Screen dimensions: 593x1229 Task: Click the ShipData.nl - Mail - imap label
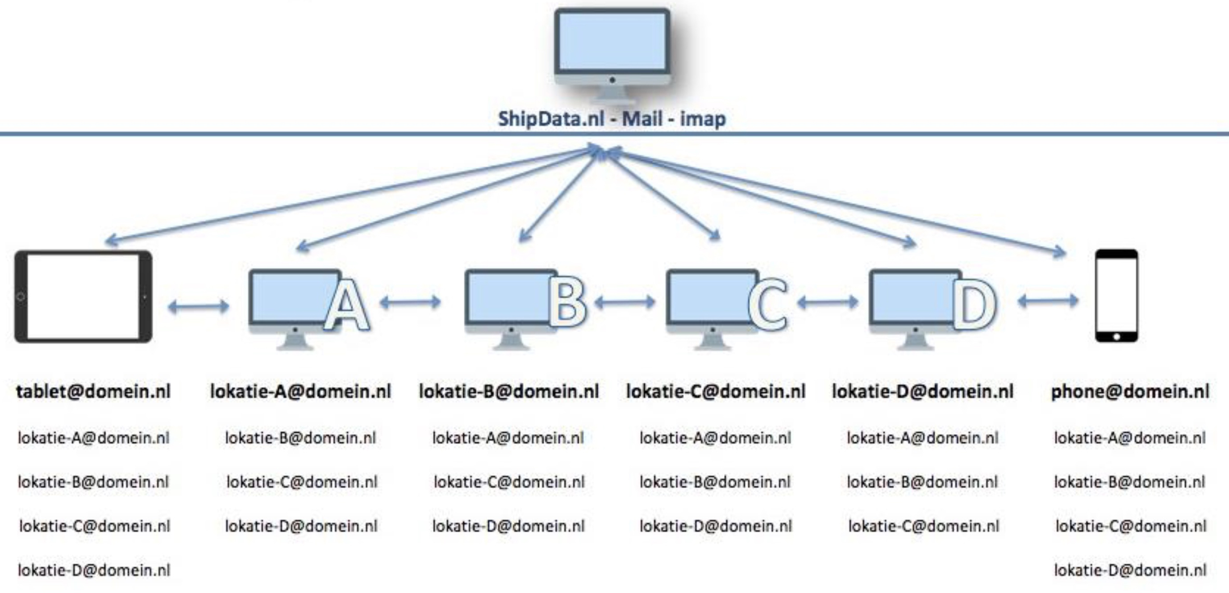pyautogui.click(x=612, y=119)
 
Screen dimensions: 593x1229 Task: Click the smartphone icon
pyautogui.click(x=1117, y=296)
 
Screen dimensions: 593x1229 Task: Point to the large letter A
pyautogui.click(x=347, y=307)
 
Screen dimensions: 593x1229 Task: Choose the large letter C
pyautogui.click(x=768, y=305)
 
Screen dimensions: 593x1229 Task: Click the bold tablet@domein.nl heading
pyautogui.click(x=93, y=392)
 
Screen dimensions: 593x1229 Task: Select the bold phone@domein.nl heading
pyautogui.click(x=1130, y=392)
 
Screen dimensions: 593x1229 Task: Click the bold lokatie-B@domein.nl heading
pyautogui.click(x=508, y=392)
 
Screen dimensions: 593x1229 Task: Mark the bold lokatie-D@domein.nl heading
pyautogui.click(x=923, y=392)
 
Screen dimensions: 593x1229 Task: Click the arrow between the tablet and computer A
pyautogui.click(x=199, y=306)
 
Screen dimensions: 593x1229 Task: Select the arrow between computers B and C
pyautogui.click(x=625, y=302)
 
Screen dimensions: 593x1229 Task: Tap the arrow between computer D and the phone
pyautogui.click(x=1048, y=301)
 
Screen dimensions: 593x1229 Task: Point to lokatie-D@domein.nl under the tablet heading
pyautogui.click(x=94, y=570)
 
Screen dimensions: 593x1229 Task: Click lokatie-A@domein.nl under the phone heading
pyautogui.click(x=1130, y=438)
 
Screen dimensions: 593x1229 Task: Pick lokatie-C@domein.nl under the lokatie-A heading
pyautogui.click(x=301, y=482)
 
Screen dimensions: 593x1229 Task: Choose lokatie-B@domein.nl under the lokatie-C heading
pyautogui.click(x=715, y=482)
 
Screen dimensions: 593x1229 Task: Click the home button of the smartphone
pyautogui.click(x=1117, y=336)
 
